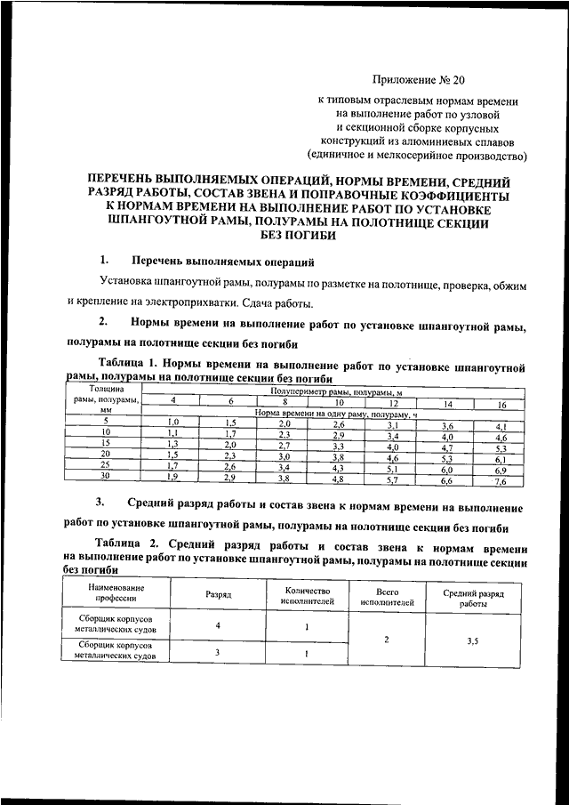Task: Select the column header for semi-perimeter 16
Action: pos(501,405)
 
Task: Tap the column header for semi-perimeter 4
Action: pos(173,401)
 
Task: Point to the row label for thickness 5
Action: pos(105,420)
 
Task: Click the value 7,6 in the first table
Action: pos(501,481)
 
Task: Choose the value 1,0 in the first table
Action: pos(173,422)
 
